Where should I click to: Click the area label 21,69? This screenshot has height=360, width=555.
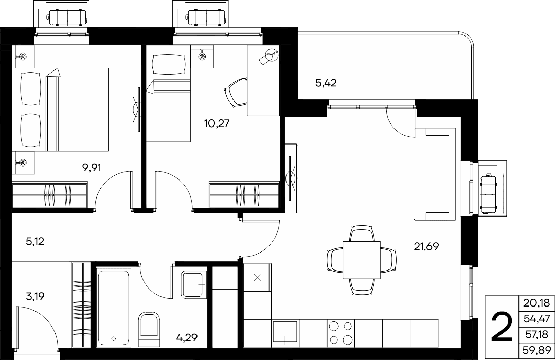426,246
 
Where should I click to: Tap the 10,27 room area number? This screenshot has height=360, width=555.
217,123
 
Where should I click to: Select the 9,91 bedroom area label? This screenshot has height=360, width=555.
92,167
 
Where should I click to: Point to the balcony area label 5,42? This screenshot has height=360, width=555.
326,83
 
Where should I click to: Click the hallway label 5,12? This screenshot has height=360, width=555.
34,242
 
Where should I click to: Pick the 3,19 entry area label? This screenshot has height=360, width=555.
35,296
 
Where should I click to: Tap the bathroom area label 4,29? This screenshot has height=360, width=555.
187,338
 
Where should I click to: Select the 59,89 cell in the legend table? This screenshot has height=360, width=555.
536,350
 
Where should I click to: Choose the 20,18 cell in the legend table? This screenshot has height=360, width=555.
536,302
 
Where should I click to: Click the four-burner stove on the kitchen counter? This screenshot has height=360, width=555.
341,333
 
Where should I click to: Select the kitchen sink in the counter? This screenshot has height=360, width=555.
285,333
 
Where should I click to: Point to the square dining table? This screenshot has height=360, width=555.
362,260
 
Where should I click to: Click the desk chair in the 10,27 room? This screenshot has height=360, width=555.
236,92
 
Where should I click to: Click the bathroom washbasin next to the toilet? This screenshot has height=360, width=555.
193,284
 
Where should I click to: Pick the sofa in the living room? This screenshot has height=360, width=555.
435,174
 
